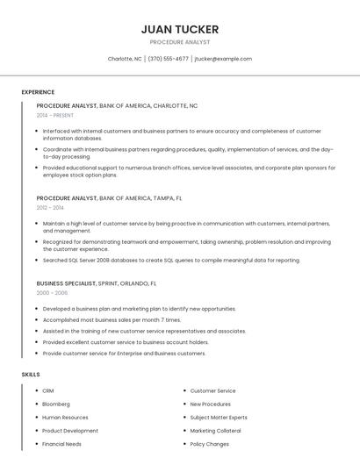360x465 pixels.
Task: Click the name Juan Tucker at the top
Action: coord(180,29)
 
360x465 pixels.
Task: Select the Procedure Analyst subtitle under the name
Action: coord(180,42)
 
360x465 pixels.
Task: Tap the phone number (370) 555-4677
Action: coord(168,59)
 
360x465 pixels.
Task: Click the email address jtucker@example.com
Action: coord(223,59)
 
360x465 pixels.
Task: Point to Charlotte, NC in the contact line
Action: coord(125,59)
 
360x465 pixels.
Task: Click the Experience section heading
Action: coord(38,91)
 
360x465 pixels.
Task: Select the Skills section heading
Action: coord(31,375)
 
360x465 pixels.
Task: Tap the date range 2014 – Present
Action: coord(55,115)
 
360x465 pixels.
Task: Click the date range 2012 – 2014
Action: coord(50,208)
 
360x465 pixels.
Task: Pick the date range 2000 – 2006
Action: coord(52,293)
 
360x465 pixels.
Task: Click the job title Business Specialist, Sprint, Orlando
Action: coord(97,283)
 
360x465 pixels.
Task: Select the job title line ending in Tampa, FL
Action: coord(110,198)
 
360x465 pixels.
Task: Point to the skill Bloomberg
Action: coord(56,404)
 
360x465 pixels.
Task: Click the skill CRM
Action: coord(48,390)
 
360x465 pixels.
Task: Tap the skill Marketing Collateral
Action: coord(215,431)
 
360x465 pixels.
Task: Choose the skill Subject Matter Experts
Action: coord(219,418)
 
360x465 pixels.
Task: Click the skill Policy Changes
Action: coord(210,444)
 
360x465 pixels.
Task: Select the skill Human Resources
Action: coord(65,418)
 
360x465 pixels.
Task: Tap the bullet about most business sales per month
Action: coord(112,320)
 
